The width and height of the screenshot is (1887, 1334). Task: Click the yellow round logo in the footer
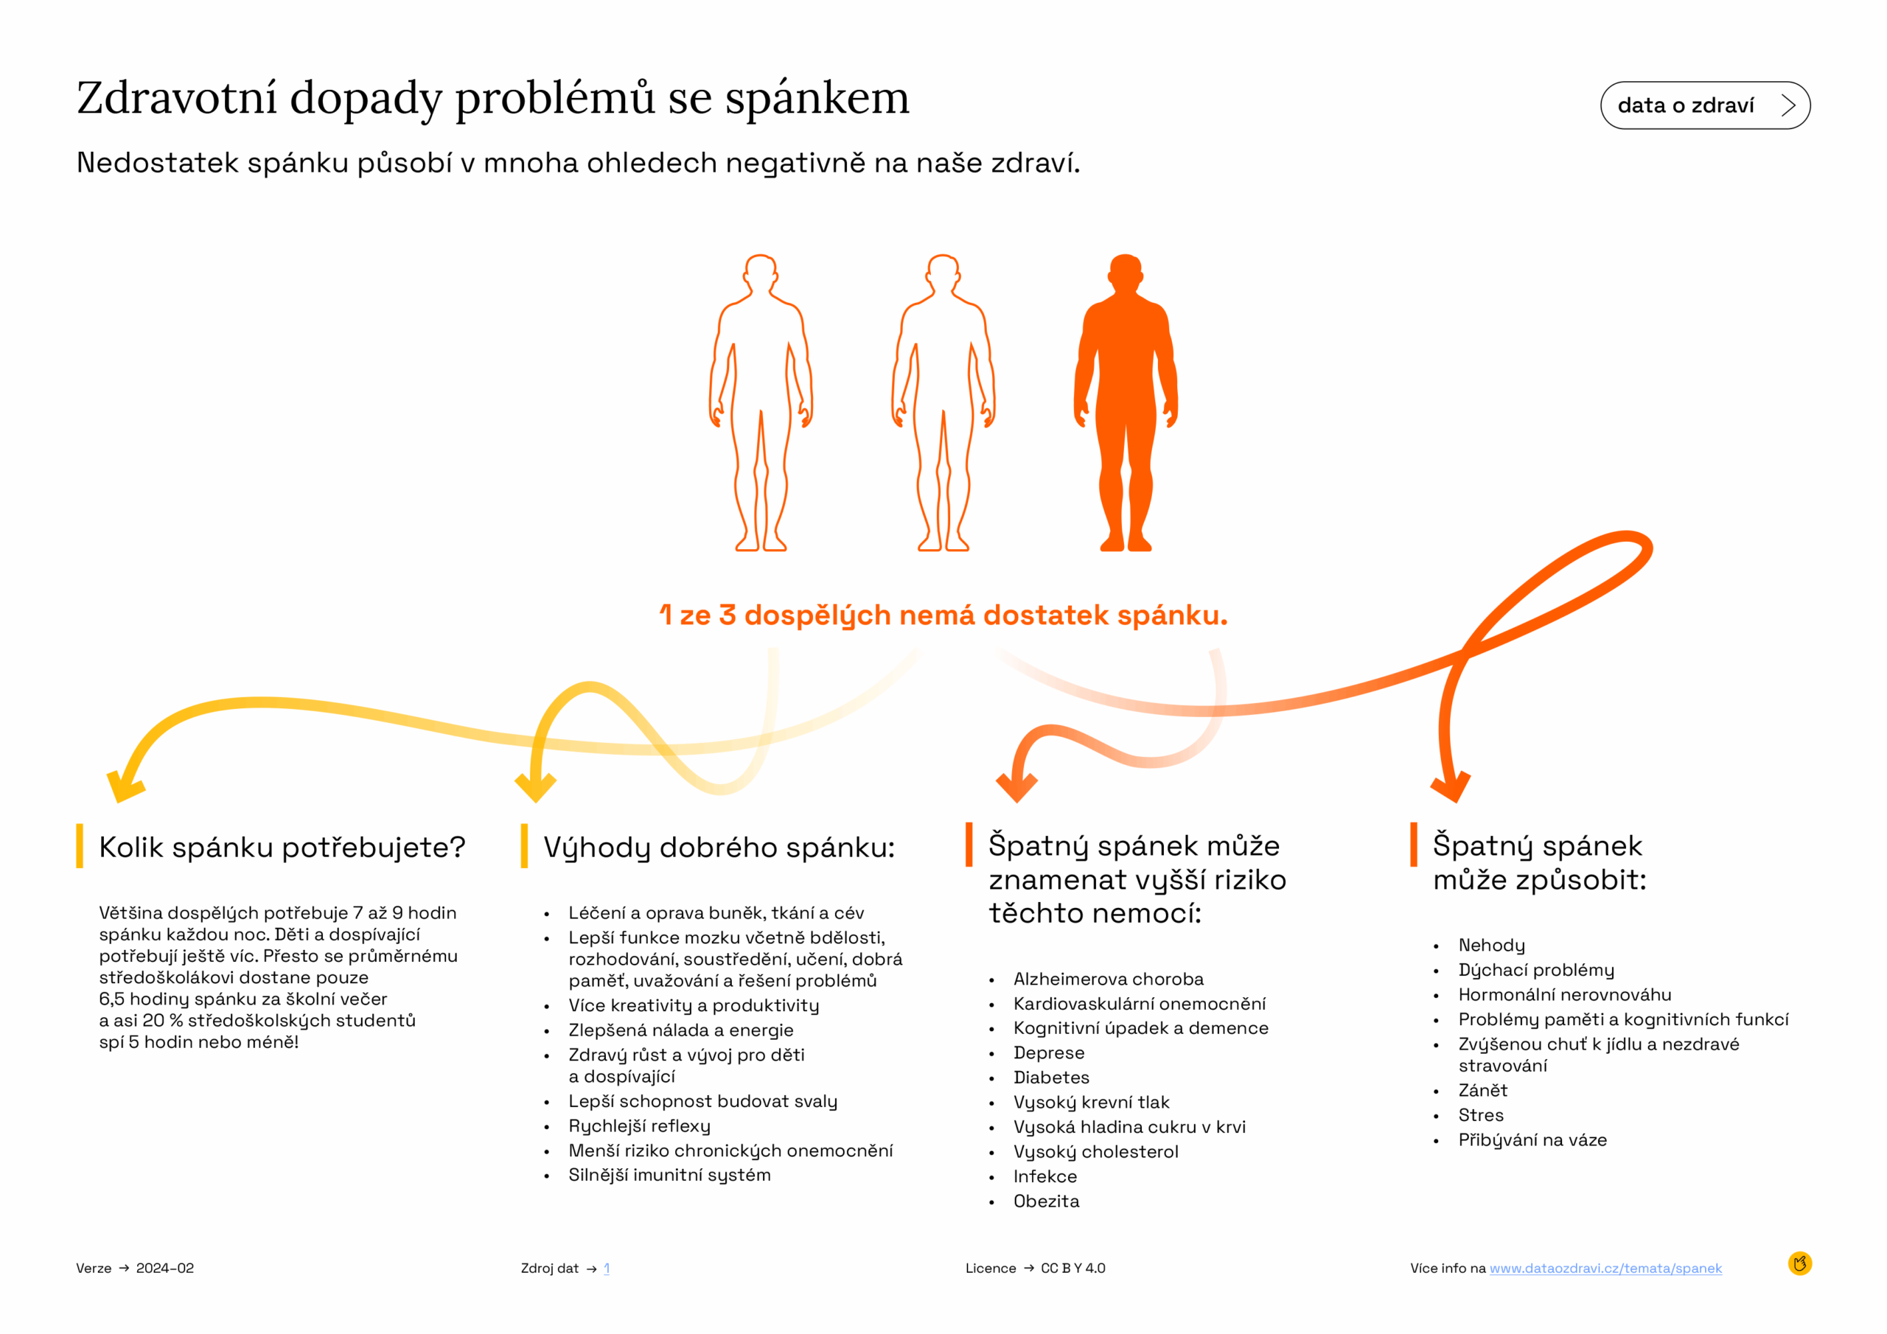(x=1799, y=1263)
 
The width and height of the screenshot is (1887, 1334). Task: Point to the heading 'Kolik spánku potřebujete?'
(x=282, y=847)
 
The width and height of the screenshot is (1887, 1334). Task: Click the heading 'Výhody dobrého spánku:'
(x=719, y=847)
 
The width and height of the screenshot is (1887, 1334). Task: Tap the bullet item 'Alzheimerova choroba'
(x=1108, y=979)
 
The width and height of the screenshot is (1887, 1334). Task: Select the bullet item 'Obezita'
(x=1046, y=1201)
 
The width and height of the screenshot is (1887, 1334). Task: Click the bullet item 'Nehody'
(x=1491, y=946)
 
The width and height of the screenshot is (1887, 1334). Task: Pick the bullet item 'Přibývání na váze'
(x=1532, y=1140)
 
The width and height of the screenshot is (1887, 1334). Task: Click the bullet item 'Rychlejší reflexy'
(x=639, y=1126)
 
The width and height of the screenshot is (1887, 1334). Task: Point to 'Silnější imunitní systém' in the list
(x=669, y=1176)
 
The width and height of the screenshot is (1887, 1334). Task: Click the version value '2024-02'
(x=165, y=1268)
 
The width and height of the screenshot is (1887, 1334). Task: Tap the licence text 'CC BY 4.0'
(x=1072, y=1268)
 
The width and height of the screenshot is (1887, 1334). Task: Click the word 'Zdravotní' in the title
(x=177, y=99)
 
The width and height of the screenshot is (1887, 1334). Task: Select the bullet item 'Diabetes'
(x=1051, y=1078)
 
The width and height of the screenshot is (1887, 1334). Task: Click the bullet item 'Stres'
(x=1480, y=1115)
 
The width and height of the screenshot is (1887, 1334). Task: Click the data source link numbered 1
(x=607, y=1268)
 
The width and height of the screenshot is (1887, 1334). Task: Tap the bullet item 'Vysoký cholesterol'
(x=1095, y=1151)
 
